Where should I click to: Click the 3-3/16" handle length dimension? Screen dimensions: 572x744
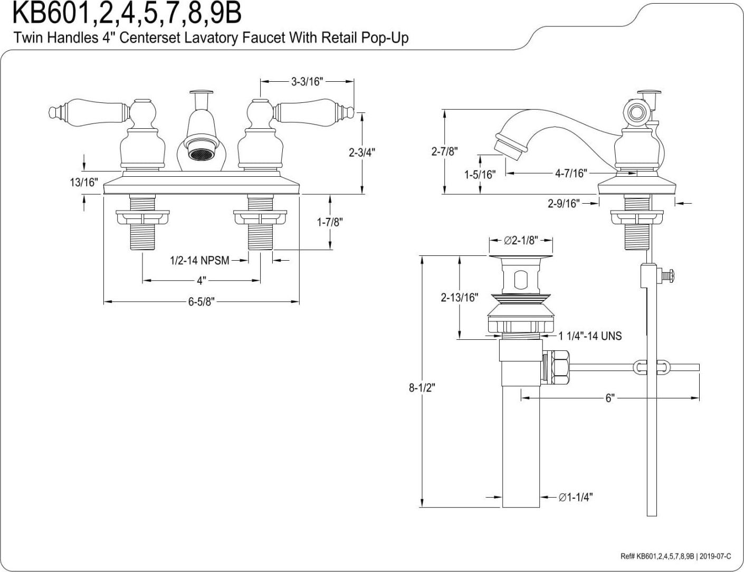307,81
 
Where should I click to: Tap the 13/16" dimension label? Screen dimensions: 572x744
84,183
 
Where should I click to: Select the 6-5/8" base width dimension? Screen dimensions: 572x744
201,302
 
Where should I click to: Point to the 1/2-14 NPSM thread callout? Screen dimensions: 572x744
199,260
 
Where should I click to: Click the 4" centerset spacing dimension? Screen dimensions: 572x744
202,280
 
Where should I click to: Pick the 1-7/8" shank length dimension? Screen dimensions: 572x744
330,222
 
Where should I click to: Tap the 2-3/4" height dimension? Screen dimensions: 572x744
362,152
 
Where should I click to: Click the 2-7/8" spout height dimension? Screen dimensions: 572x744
444,151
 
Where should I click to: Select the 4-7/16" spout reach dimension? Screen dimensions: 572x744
570,173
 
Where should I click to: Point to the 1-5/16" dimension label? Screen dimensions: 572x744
480,175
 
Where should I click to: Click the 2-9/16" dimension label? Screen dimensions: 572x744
564,203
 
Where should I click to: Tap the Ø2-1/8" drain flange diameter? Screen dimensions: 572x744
520,241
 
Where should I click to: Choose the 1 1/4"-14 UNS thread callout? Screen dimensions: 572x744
590,336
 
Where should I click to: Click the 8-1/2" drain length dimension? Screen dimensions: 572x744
422,388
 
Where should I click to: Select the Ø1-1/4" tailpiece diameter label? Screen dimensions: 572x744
576,497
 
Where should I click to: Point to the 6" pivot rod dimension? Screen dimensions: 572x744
609,398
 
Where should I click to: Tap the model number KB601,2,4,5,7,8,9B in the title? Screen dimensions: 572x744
127,14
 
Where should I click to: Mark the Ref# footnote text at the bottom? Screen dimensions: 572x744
675,556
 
